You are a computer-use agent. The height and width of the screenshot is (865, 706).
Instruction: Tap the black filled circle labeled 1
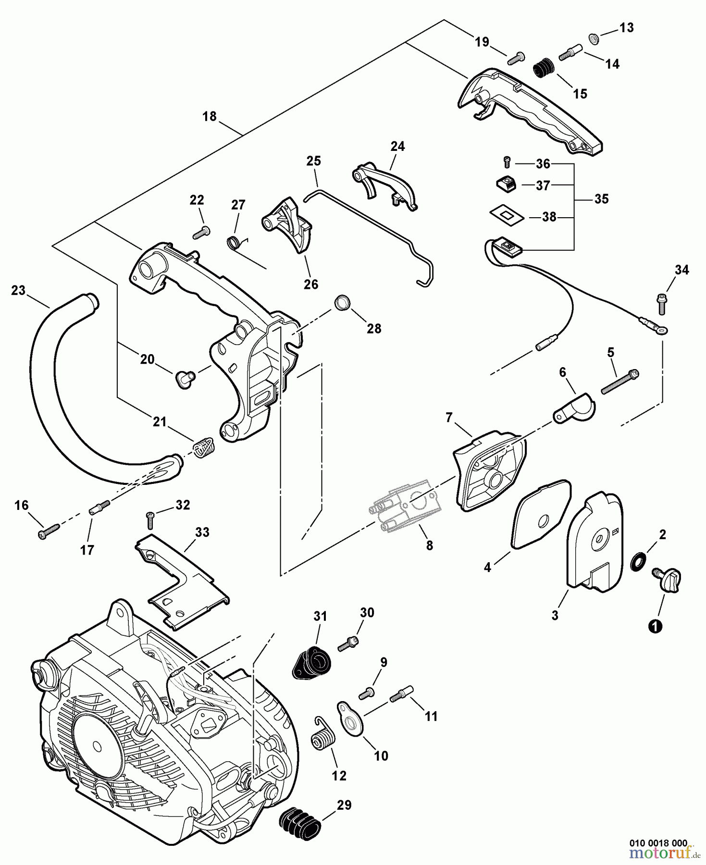[655, 626]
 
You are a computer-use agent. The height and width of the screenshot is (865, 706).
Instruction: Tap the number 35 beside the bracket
[601, 199]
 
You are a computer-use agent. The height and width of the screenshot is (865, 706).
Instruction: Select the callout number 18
[210, 117]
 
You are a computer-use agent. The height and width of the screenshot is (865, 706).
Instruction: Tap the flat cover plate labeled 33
[183, 581]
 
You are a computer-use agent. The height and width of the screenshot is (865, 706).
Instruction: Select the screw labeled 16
[48, 531]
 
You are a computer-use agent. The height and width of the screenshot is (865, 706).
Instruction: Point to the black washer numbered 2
[638, 561]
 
